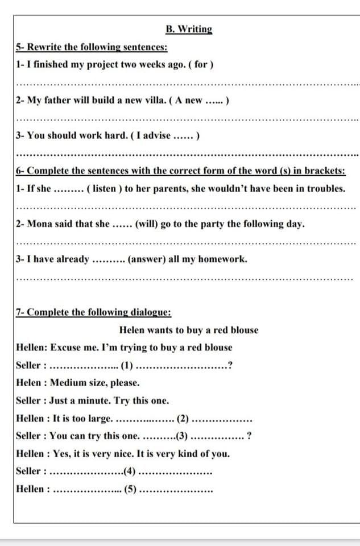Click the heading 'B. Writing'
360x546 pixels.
[189, 29]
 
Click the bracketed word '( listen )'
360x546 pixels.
[104, 188]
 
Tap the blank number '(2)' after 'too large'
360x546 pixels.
[183, 419]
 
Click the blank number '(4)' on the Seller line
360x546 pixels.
[130, 471]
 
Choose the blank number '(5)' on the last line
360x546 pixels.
[130, 489]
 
